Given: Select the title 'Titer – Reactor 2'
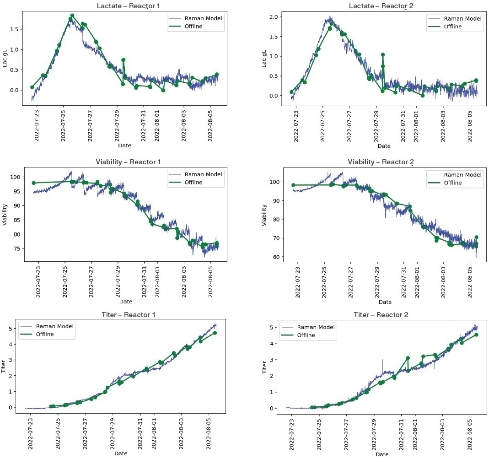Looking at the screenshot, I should coord(381,315).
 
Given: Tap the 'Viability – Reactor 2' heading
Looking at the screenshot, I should coord(381,162).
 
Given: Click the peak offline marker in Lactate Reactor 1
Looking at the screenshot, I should coord(72,16).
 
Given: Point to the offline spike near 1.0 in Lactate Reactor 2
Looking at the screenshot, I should coord(383,55).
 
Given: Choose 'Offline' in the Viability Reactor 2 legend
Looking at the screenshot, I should coord(453,183).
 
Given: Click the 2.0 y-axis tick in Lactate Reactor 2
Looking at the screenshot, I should coord(275,17).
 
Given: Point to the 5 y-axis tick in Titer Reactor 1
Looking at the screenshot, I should coord(16,329).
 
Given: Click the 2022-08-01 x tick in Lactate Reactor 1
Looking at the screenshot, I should coord(157,120).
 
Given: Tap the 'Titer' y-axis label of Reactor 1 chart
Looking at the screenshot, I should coord(5,366).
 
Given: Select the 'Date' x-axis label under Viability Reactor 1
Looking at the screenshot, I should coord(126,302).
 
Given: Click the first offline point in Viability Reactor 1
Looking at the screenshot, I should coord(33,183).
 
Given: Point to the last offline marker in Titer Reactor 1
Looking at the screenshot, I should coord(215,333).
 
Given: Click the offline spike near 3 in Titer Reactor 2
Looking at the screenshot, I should coord(408,358).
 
